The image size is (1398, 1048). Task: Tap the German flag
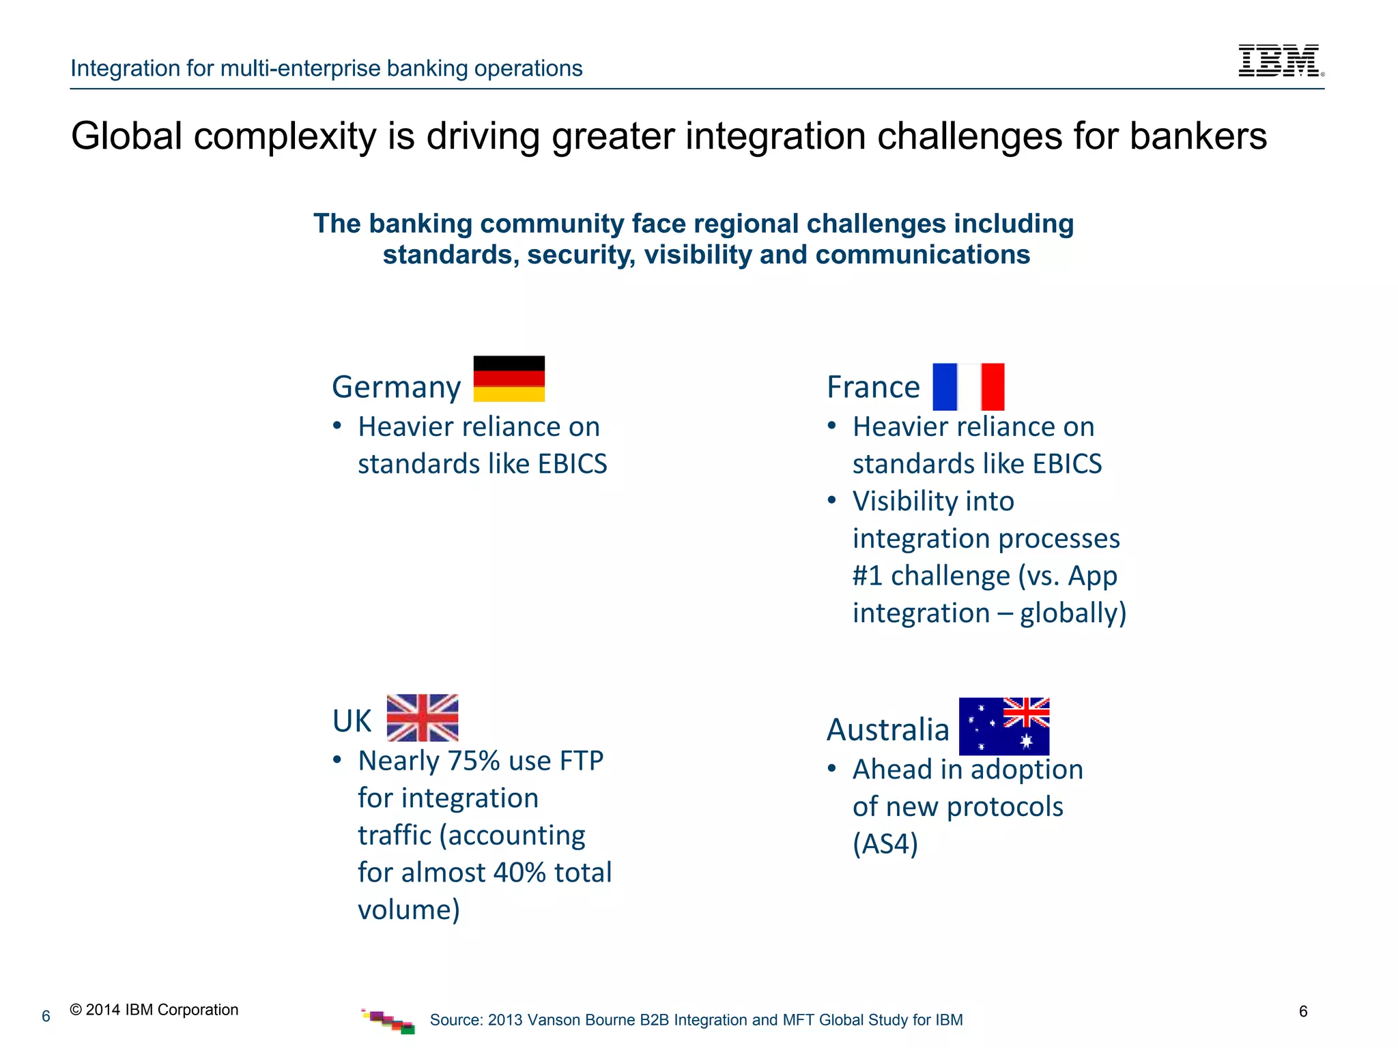509,379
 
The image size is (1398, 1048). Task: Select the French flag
968,387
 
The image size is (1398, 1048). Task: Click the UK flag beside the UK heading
423,718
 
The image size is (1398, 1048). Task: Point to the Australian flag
1003,726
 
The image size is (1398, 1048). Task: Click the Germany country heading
396,387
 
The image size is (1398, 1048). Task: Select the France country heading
873,387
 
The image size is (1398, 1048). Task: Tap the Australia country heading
887,729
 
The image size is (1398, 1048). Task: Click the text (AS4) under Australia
885,844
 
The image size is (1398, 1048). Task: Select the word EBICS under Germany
572,464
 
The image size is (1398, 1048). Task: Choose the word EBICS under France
1067,464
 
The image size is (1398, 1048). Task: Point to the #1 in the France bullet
868,576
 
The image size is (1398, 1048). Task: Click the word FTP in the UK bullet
581,761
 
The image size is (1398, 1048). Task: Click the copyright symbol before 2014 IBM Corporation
76,1010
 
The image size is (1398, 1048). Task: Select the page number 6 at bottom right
1303,1011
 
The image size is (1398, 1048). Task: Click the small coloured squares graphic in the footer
388,1021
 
